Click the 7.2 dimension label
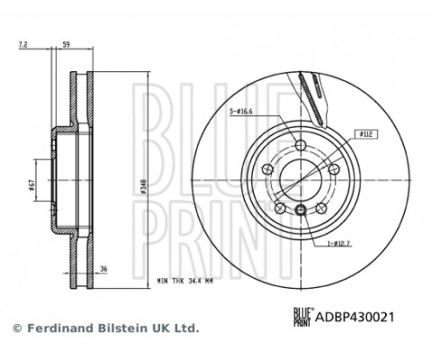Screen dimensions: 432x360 (23, 45)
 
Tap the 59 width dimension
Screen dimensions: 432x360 (66, 45)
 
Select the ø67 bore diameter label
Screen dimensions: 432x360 (32, 184)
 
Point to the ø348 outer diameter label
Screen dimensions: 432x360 (143, 185)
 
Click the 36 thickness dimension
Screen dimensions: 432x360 (103, 269)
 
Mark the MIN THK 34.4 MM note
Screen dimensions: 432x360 (185, 282)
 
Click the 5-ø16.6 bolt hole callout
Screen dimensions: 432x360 (241, 112)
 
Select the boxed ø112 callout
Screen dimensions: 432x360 (365, 134)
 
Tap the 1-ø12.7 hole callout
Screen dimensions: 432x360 (338, 244)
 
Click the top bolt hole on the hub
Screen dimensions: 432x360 (301, 146)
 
